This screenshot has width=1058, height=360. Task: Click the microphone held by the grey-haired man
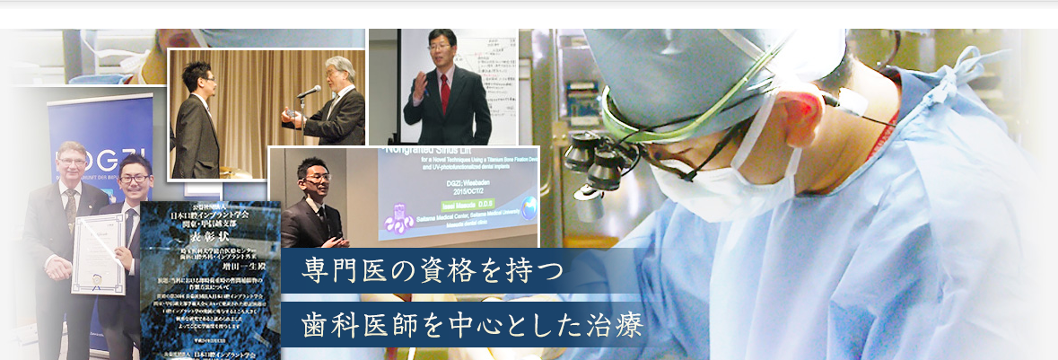pos(308,92)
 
